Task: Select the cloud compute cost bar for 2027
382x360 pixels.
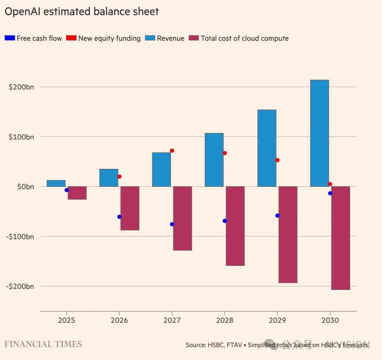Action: (183, 218)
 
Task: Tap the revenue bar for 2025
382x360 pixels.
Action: (56, 183)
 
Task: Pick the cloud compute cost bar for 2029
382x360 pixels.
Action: (288, 234)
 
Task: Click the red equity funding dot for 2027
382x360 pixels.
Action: (172, 150)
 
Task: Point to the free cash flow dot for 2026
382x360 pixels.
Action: (119, 217)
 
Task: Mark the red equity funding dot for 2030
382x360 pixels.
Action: (330, 184)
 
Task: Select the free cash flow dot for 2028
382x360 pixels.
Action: (225, 221)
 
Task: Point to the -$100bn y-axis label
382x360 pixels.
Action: (20, 236)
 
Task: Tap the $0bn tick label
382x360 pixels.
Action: (25, 187)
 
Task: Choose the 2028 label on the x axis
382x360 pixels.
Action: (225, 320)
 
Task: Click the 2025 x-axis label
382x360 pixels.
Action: (66, 320)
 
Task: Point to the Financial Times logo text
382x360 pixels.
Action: (43, 344)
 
